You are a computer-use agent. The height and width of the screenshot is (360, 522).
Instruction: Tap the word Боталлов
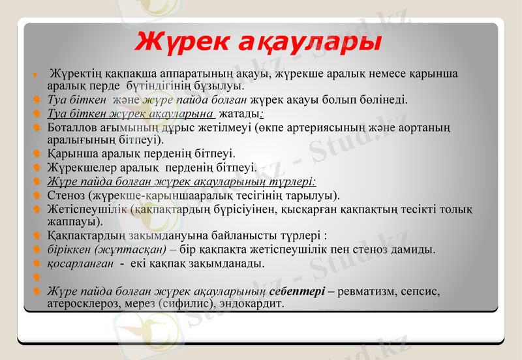pyautogui.click(x=73, y=127)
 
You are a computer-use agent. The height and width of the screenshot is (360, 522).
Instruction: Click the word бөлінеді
pyautogui.click(x=383, y=100)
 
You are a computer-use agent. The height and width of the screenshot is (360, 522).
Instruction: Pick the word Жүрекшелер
pyautogui.click(x=79, y=168)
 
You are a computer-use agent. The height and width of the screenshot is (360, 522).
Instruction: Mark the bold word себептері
pyautogui.click(x=297, y=291)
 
